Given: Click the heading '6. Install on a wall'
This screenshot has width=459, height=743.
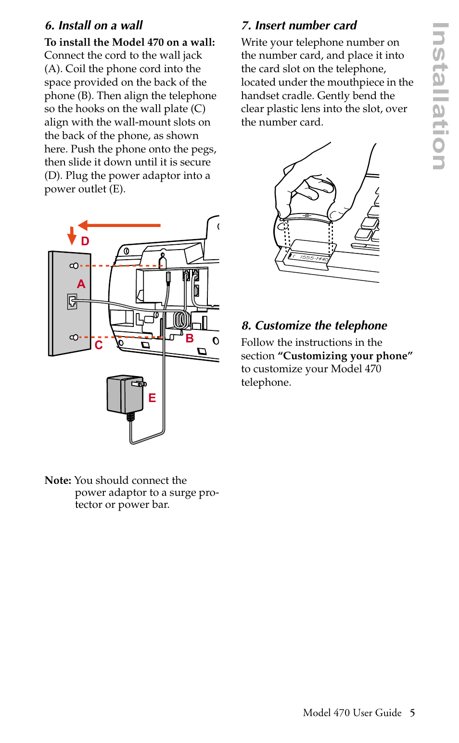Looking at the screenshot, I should click(94, 25).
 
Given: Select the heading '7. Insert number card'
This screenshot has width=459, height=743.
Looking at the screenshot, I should click(299, 25).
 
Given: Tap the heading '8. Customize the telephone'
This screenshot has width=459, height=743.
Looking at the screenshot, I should click(314, 326).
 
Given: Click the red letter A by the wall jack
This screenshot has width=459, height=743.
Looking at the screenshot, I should click(81, 284).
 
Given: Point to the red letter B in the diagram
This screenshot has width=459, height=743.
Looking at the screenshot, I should click(190, 339).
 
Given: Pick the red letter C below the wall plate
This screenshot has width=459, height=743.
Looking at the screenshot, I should click(99, 345).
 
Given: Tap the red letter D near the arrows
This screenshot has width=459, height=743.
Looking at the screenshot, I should click(85, 241).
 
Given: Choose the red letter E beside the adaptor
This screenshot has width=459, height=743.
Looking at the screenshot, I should click(152, 398).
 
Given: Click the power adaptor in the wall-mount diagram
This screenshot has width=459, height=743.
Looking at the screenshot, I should click(125, 394).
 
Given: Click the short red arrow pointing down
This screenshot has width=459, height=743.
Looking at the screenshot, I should click(72, 236).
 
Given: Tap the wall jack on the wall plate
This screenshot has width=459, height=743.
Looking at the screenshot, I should click(72, 302).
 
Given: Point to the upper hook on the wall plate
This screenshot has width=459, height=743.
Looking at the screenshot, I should click(74, 265).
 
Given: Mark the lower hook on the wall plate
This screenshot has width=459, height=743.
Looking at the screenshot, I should click(74, 337).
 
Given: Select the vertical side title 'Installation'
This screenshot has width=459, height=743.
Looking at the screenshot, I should click(440, 96).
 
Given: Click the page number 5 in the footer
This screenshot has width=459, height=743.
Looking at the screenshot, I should click(412, 713).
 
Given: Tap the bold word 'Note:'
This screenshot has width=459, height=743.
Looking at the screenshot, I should click(58, 480).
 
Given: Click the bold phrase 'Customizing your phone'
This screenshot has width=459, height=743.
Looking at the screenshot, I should click(345, 356).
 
